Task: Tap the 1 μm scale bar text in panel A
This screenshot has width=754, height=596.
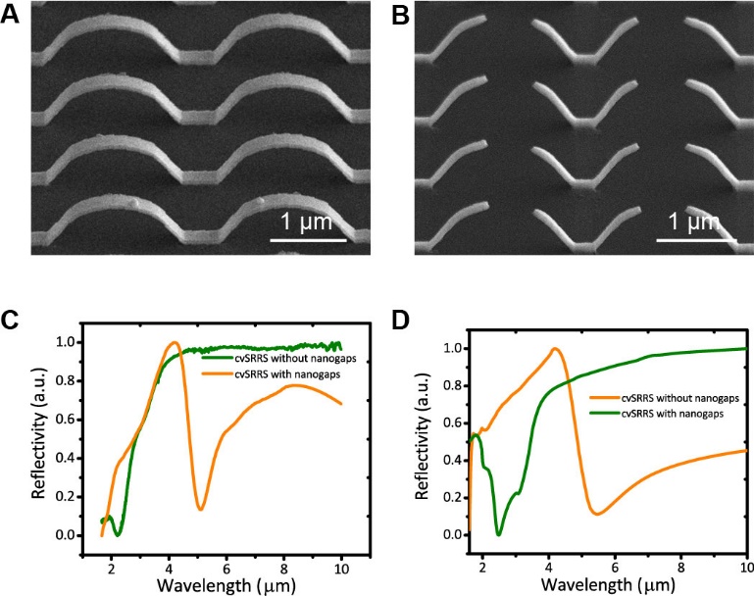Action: pos(307,217)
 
